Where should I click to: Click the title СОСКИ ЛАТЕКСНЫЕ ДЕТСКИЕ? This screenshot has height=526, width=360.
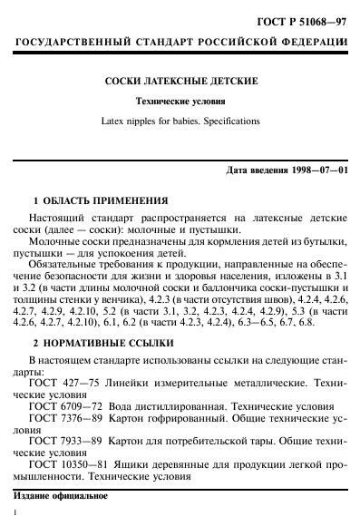pyautogui.click(x=180, y=82)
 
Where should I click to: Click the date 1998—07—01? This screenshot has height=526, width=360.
pyautogui.click(x=313, y=171)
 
